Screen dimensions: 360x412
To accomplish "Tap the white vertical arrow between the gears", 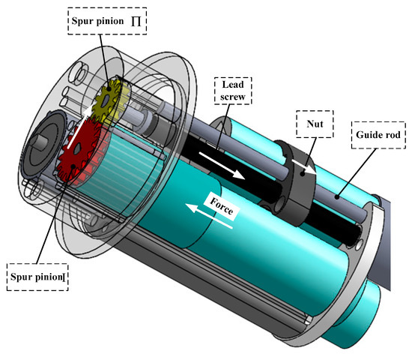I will (85, 121).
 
